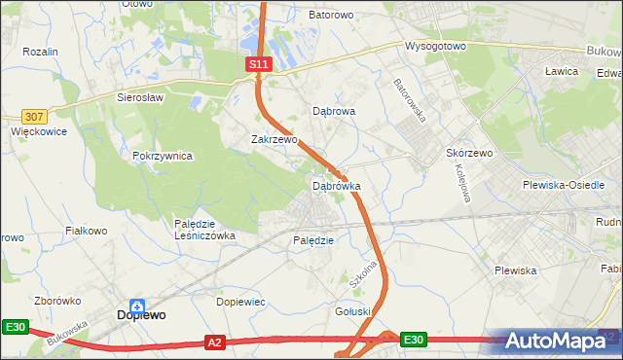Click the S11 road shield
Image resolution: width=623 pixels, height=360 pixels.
click(257, 64)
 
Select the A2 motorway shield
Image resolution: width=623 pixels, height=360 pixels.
click(216, 342)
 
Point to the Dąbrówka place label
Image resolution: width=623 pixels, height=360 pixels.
click(337, 185)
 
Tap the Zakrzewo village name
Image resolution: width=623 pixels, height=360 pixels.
click(275, 139)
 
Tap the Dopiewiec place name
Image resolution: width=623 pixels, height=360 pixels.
click(240, 303)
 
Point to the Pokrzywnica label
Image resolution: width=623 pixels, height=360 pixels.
click(164, 156)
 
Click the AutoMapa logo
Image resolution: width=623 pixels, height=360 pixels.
click(559, 342)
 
